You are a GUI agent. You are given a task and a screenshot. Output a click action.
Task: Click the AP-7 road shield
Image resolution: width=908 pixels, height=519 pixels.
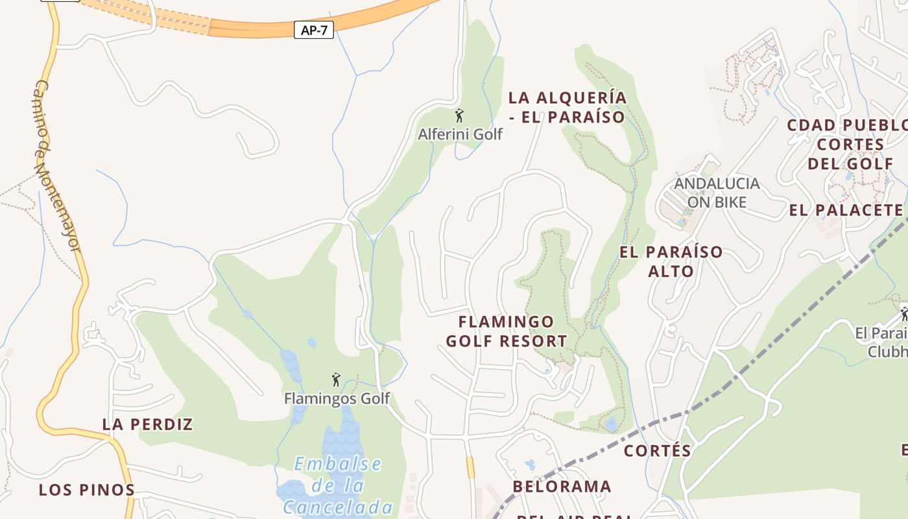click(x=314, y=30)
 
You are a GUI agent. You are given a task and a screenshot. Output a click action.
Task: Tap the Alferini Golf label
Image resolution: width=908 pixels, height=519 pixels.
click(x=460, y=134)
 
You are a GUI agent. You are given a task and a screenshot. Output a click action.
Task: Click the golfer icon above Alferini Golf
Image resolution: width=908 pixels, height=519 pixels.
click(x=459, y=116)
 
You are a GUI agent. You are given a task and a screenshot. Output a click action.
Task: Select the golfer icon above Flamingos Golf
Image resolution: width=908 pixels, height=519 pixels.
click(x=336, y=380)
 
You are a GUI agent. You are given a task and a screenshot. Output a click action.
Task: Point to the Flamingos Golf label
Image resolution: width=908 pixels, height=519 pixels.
click(x=337, y=398)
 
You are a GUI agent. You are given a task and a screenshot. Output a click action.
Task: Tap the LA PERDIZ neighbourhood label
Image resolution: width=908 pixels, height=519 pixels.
click(x=148, y=424)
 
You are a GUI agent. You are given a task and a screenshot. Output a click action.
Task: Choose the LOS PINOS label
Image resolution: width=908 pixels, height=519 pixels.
click(x=86, y=490)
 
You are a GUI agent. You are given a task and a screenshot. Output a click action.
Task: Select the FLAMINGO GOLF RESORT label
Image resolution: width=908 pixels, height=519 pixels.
click(x=507, y=331)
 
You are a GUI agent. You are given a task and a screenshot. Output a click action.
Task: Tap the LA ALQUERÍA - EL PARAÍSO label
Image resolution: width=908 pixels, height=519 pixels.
click(x=567, y=107)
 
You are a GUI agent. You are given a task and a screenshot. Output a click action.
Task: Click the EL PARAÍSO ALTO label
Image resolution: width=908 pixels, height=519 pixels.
click(x=671, y=261)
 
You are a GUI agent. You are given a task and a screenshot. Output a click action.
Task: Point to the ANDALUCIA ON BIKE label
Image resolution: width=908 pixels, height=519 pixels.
click(x=717, y=193)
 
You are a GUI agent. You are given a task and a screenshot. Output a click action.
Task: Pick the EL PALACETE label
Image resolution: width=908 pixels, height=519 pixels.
click(x=846, y=210)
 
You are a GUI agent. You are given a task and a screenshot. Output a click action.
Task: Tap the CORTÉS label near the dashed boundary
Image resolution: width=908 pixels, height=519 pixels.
click(x=657, y=450)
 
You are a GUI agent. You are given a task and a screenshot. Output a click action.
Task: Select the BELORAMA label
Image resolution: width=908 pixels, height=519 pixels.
click(x=562, y=487)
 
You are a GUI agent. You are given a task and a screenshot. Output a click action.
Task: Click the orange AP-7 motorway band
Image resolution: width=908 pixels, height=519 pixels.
click(x=259, y=28)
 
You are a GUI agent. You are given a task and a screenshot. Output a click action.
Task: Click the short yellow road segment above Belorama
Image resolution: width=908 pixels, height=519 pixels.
click(x=470, y=467)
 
